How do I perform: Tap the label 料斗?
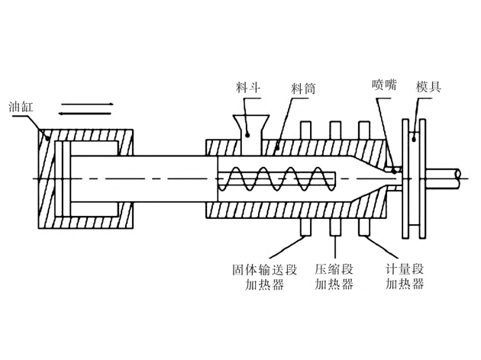[249, 88]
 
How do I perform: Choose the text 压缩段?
[334, 270]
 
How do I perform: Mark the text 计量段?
[404, 270]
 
